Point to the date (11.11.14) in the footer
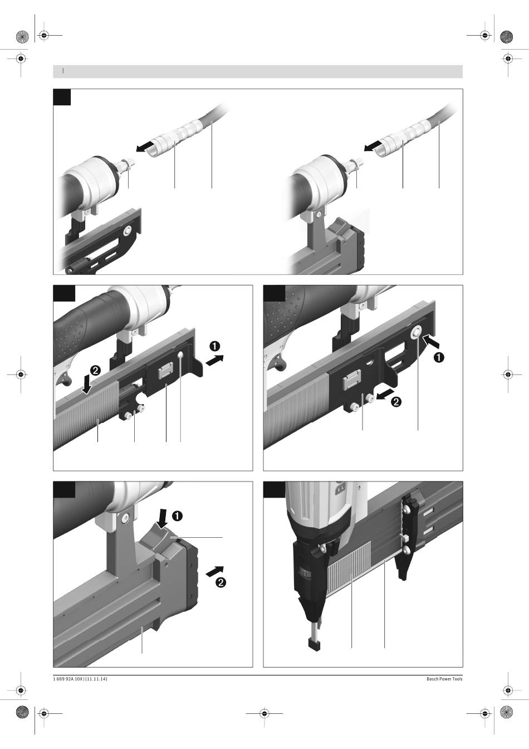(x=96, y=679)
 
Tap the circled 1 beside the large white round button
(x=439, y=358)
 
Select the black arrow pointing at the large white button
(x=430, y=341)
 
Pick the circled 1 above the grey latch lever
(x=177, y=515)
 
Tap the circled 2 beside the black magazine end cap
(x=221, y=583)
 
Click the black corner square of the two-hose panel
(x=62, y=97)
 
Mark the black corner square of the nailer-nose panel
(x=273, y=489)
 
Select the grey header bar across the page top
(x=258, y=71)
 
